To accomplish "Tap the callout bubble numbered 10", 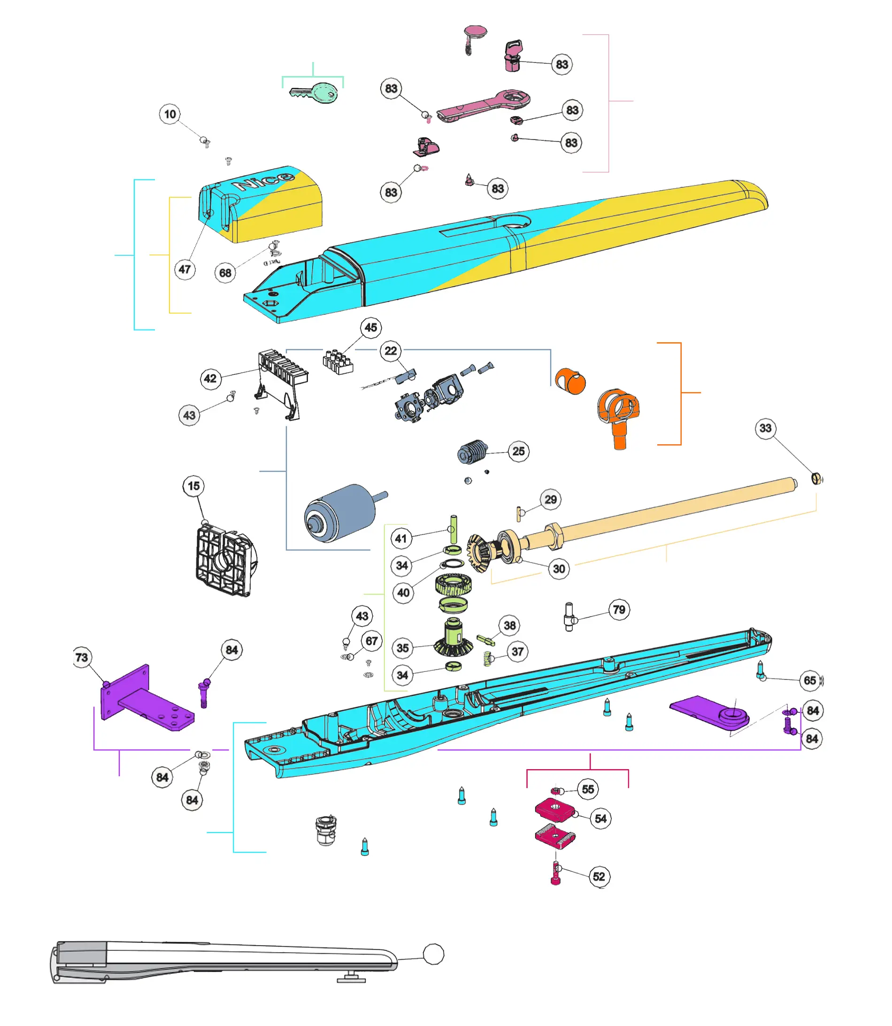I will coord(170,114).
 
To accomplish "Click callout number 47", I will coord(185,270).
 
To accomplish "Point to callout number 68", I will coord(225,272).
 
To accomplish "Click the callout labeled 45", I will coord(371,328).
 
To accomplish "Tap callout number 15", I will coord(193,486).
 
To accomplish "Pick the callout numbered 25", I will coord(519,451).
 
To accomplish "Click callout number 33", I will coord(766,428).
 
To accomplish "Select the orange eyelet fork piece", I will coord(619,413).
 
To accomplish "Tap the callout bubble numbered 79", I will coord(619,610).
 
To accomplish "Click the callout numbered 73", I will coord(82,657).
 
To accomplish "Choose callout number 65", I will coord(810,680).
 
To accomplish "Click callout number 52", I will coord(600,877).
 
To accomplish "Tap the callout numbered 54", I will coord(601,819).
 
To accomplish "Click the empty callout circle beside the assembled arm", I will coord(433,954).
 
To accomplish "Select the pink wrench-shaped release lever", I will coord(483,105).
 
